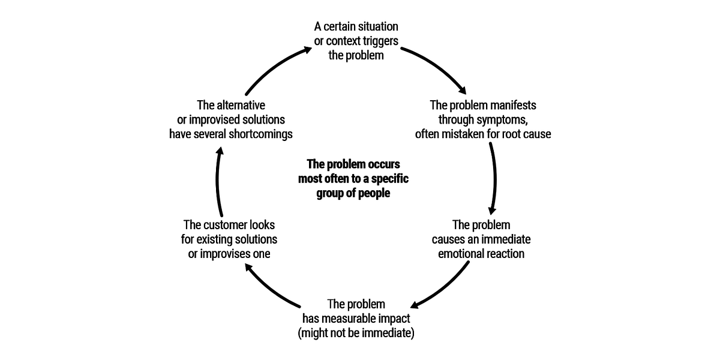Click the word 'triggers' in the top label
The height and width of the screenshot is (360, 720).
[x=380, y=41]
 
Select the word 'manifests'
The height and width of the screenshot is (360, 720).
[x=513, y=105]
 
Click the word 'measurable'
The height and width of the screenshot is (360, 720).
[x=354, y=319]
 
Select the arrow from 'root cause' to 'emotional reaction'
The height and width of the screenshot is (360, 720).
[x=495, y=180]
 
